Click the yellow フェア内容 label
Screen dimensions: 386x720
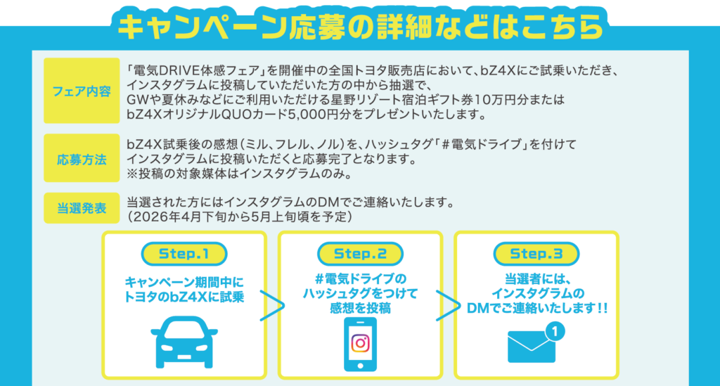pyautogui.click(x=82, y=91)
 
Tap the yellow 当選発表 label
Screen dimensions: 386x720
pyautogui.click(x=82, y=208)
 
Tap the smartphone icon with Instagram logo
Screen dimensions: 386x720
pyautogui.click(x=360, y=343)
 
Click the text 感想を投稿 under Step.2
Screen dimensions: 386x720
pyautogui.click(x=359, y=309)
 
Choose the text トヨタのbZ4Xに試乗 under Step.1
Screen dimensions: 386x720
pyautogui.click(x=184, y=296)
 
